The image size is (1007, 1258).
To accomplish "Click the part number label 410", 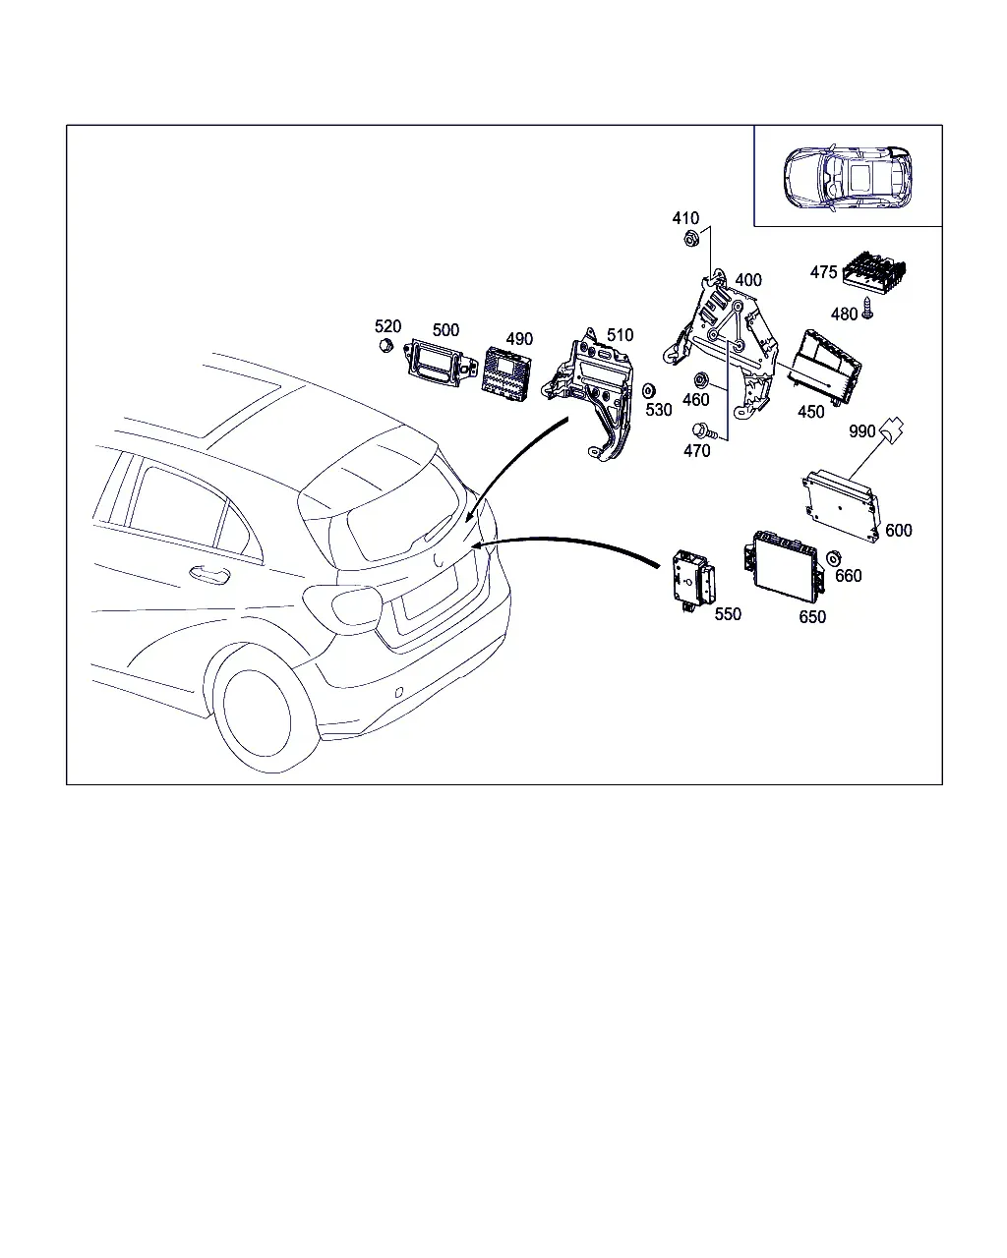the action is [685, 218].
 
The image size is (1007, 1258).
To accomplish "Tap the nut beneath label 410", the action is [691, 238].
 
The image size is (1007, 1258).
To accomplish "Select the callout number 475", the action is [823, 272].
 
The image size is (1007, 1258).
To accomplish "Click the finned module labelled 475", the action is [874, 269].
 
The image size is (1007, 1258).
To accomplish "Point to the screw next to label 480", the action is [867, 307].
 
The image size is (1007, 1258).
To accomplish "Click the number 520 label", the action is [387, 326].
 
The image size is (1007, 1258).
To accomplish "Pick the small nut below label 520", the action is [385, 345].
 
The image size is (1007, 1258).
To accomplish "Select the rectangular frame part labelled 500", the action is [439, 364].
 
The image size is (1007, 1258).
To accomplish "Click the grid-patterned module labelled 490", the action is [506, 374].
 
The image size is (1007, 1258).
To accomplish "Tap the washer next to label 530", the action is [648, 390].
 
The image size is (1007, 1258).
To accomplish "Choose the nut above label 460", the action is [700, 380].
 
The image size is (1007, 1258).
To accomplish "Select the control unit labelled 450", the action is [825, 368].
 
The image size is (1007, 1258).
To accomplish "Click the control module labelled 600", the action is [841, 505].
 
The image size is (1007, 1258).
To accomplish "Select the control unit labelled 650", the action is [784, 566].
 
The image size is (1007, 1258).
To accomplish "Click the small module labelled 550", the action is [694, 582].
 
